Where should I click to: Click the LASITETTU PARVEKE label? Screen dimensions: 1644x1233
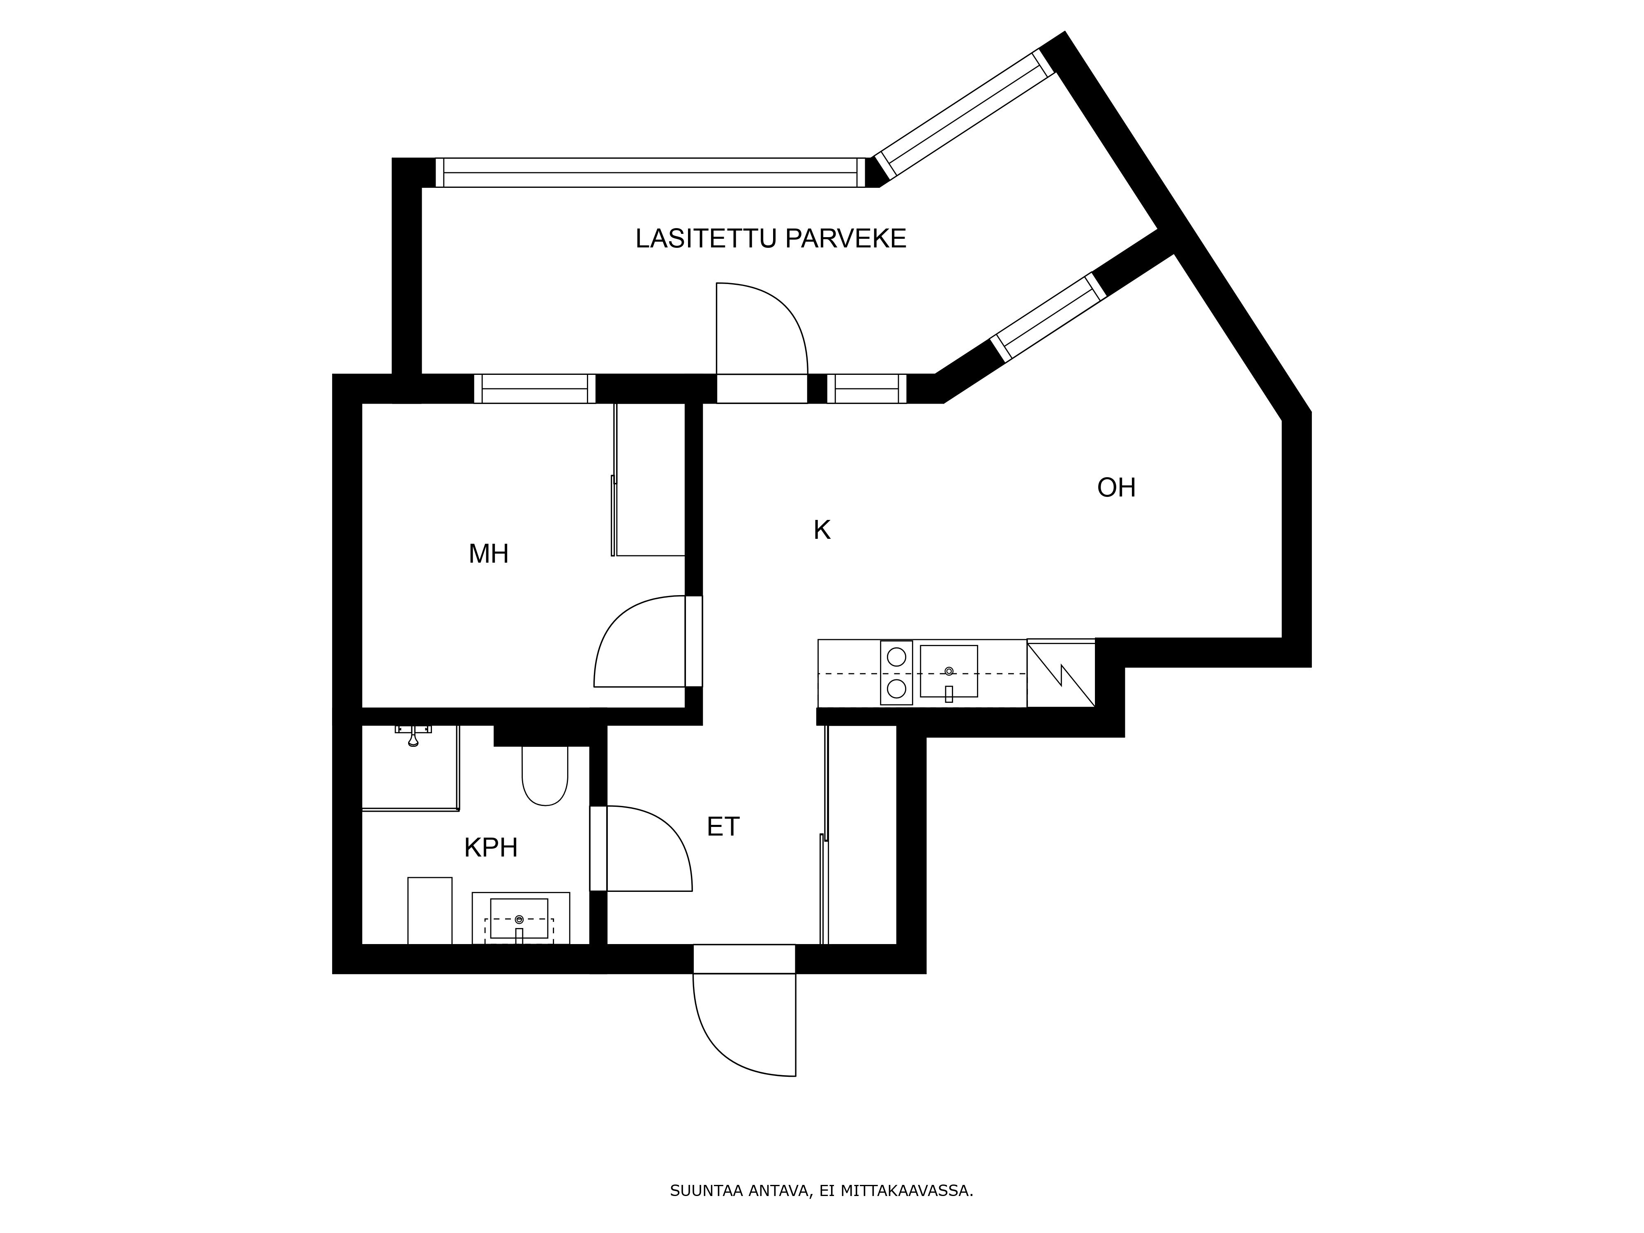[x=771, y=238]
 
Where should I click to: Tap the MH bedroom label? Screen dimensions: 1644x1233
[x=488, y=554]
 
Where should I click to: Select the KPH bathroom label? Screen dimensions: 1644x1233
[x=490, y=847]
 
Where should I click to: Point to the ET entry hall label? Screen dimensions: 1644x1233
[x=723, y=827]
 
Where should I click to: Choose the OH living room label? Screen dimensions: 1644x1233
[x=1116, y=487]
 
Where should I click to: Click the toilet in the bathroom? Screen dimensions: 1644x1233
[x=545, y=775]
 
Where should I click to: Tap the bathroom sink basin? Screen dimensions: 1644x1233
[x=519, y=919]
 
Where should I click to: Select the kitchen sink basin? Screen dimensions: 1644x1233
[x=948, y=671]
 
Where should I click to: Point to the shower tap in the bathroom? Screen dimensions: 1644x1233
[x=413, y=734]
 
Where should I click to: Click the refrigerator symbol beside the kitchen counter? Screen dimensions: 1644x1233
[x=1060, y=673]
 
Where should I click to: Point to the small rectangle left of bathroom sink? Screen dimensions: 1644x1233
[x=429, y=910]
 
